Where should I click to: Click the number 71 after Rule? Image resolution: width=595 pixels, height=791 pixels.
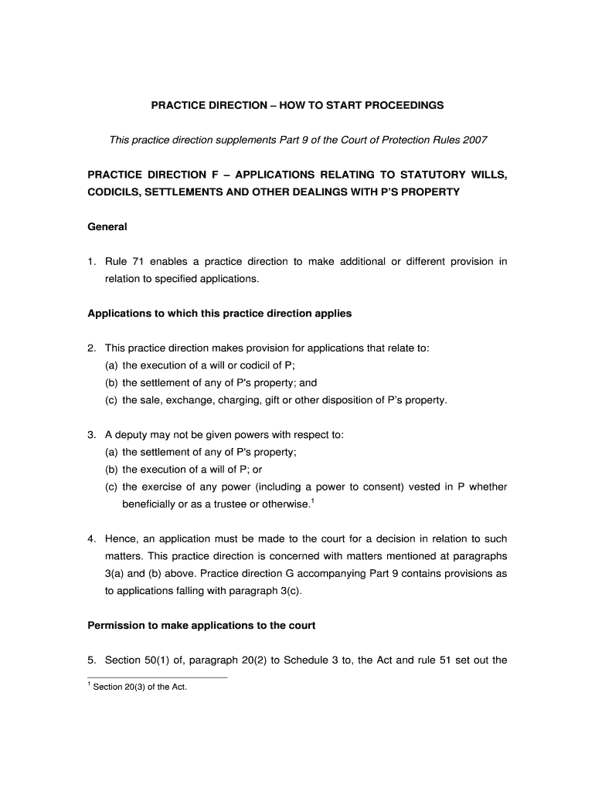[x=138, y=262]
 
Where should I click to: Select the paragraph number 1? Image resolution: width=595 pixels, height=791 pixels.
[x=90, y=262]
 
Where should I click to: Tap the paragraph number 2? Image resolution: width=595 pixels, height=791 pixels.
[x=90, y=348]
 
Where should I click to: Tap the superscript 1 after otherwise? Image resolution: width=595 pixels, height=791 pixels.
[x=311, y=501]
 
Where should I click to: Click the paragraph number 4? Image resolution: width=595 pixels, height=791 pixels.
[x=90, y=538]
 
